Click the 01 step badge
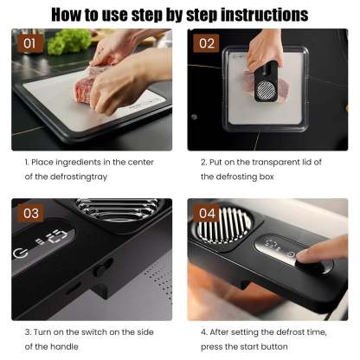pos(29,43)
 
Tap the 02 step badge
pos(206,43)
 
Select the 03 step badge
pos(31,214)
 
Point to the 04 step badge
pos(207,214)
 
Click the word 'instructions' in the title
pos(265,15)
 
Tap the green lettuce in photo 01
pos(69,42)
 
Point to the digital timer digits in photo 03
pos(52,236)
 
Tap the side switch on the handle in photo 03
pos(100,271)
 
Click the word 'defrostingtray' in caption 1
pos(79,177)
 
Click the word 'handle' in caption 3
pos(65,346)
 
